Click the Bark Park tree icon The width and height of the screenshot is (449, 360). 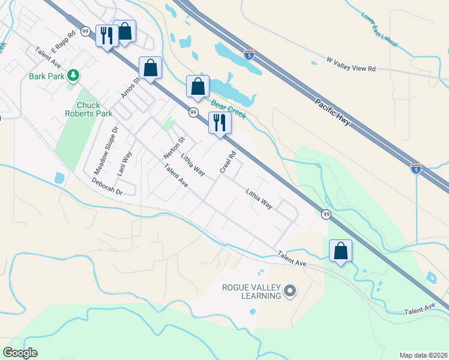pyautogui.click(x=73, y=76)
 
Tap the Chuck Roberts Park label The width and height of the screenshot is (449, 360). pyautogui.click(x=86, y=109)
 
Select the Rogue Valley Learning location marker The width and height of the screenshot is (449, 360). pyautogui.click(x=290, y=292)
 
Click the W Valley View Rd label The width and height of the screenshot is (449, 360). pyautogui.click(x=351, y=64)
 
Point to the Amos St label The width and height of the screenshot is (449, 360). pyautogui.click(x=130, y=87)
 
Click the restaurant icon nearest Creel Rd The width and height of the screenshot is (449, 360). pyautogui.click(x=219, y=123)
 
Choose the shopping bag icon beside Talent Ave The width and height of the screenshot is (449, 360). pyautogui.click(x=340, y=250)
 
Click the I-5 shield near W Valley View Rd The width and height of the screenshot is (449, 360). pyautogui.click(x=249, y=55)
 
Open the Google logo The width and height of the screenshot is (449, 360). pyautogui.click(x=20, y=353)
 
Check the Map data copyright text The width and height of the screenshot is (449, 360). pyautogui.click(x=423, y=355)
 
